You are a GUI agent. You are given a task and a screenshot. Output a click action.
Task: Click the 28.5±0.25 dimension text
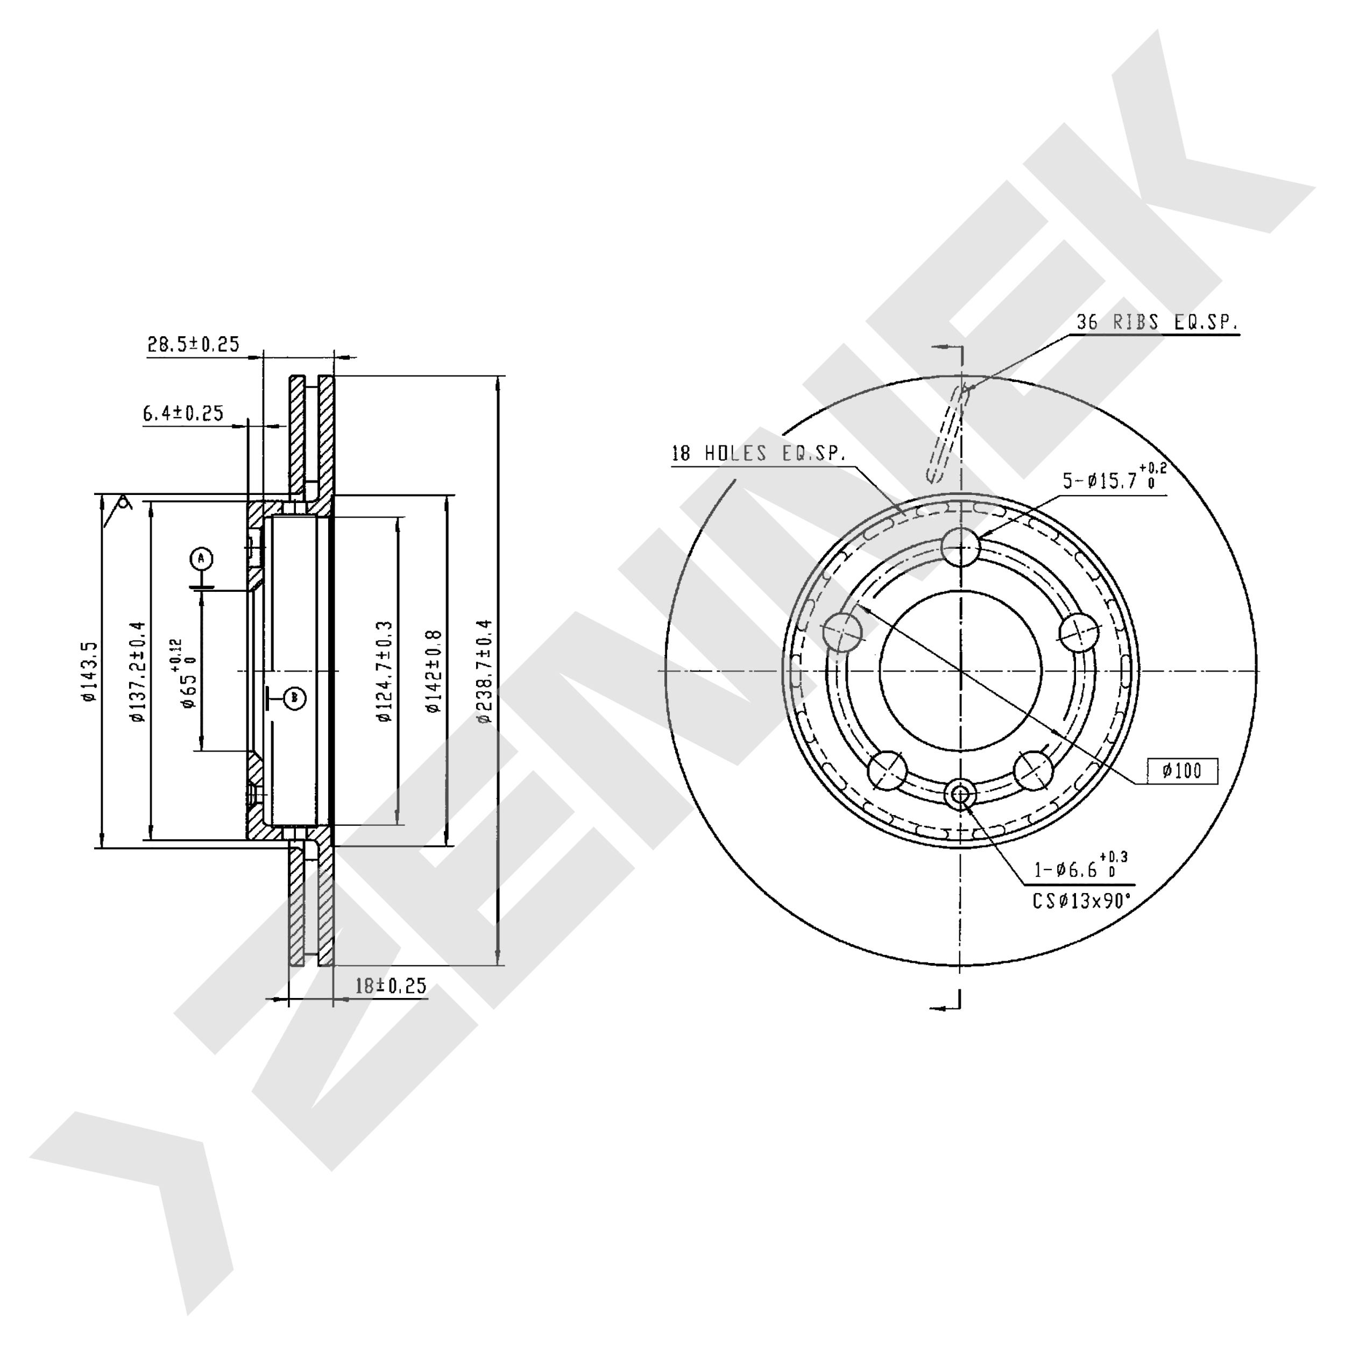coord(193,344)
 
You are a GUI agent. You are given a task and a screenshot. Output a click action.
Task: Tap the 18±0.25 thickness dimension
coord(391,985)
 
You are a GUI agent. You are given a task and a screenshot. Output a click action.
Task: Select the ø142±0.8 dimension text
coord(434,672)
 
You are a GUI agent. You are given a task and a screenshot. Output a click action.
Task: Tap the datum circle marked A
coord(201,558)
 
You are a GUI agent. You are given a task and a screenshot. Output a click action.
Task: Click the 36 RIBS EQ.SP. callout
coord(1157,322)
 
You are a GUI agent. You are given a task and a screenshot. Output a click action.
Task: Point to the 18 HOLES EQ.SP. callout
coord(758,454)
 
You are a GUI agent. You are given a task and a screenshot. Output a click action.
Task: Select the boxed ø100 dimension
coord(1183,770)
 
